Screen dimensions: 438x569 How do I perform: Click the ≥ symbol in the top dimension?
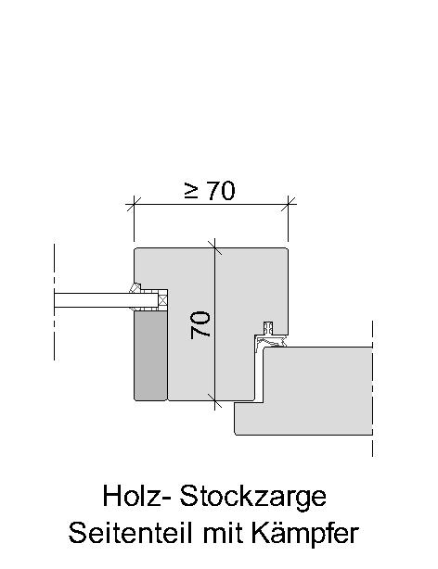click(191, 191)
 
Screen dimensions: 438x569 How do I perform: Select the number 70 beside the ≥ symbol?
click(221, 191)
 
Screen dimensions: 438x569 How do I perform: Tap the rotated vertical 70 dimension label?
click(200, 324)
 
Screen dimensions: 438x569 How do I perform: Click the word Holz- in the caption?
click(137, 496)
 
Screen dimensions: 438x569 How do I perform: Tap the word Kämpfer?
click(305, 534)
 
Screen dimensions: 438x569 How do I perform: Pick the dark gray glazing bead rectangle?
click(150, 356)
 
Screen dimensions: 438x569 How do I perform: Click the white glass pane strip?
click(106, 300)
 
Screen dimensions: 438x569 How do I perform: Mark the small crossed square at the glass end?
click(162, 300)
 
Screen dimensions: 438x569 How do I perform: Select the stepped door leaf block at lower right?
click(303, 391)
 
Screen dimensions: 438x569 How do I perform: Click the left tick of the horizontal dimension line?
click(134, 204)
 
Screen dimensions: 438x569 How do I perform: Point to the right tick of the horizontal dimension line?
click(289, 204)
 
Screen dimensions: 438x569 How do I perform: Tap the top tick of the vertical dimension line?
click(214, 247)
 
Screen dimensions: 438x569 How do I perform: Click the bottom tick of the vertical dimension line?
click(214, 401)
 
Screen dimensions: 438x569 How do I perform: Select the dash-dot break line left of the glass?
click(54, 302)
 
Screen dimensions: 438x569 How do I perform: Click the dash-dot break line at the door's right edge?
click(372, 388)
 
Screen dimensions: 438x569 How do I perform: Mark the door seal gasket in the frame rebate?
click(270, 338)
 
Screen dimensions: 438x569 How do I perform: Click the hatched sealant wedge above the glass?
click(135, 288)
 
